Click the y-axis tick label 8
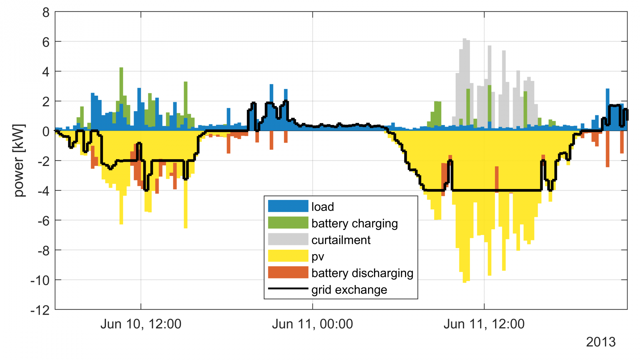[x=46, y=13]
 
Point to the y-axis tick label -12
[x=40, y=311]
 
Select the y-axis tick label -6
[x=43, y=221]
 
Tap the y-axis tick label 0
[x=46, y=132]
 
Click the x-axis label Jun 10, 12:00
[x=141, y=324]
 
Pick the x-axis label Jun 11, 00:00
[x=312, y=324]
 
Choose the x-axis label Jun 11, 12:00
[x=484, y=324]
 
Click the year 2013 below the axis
[x=601, y=342]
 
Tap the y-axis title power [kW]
[x=19, y=161]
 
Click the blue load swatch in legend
[x=288, y=206]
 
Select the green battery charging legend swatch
[x=288, y=223]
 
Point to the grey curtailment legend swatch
[x=288, y=239]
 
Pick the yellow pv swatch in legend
[x=288, y=256]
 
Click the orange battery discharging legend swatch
[x=288, y=272]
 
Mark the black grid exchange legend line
[x=288, y=289]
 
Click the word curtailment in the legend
[x=341, y=240]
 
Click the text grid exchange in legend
[x=349, y=290]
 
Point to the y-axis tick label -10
[x=40, y=281]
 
